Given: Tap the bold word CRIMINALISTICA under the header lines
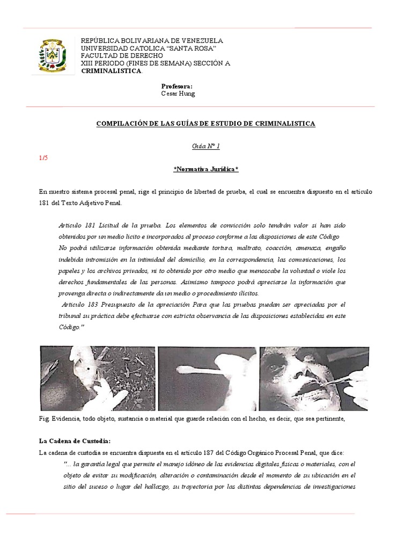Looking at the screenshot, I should click(111, 71).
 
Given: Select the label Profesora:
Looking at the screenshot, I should click(176, 86).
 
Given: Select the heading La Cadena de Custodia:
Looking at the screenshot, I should click(75, 441).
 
